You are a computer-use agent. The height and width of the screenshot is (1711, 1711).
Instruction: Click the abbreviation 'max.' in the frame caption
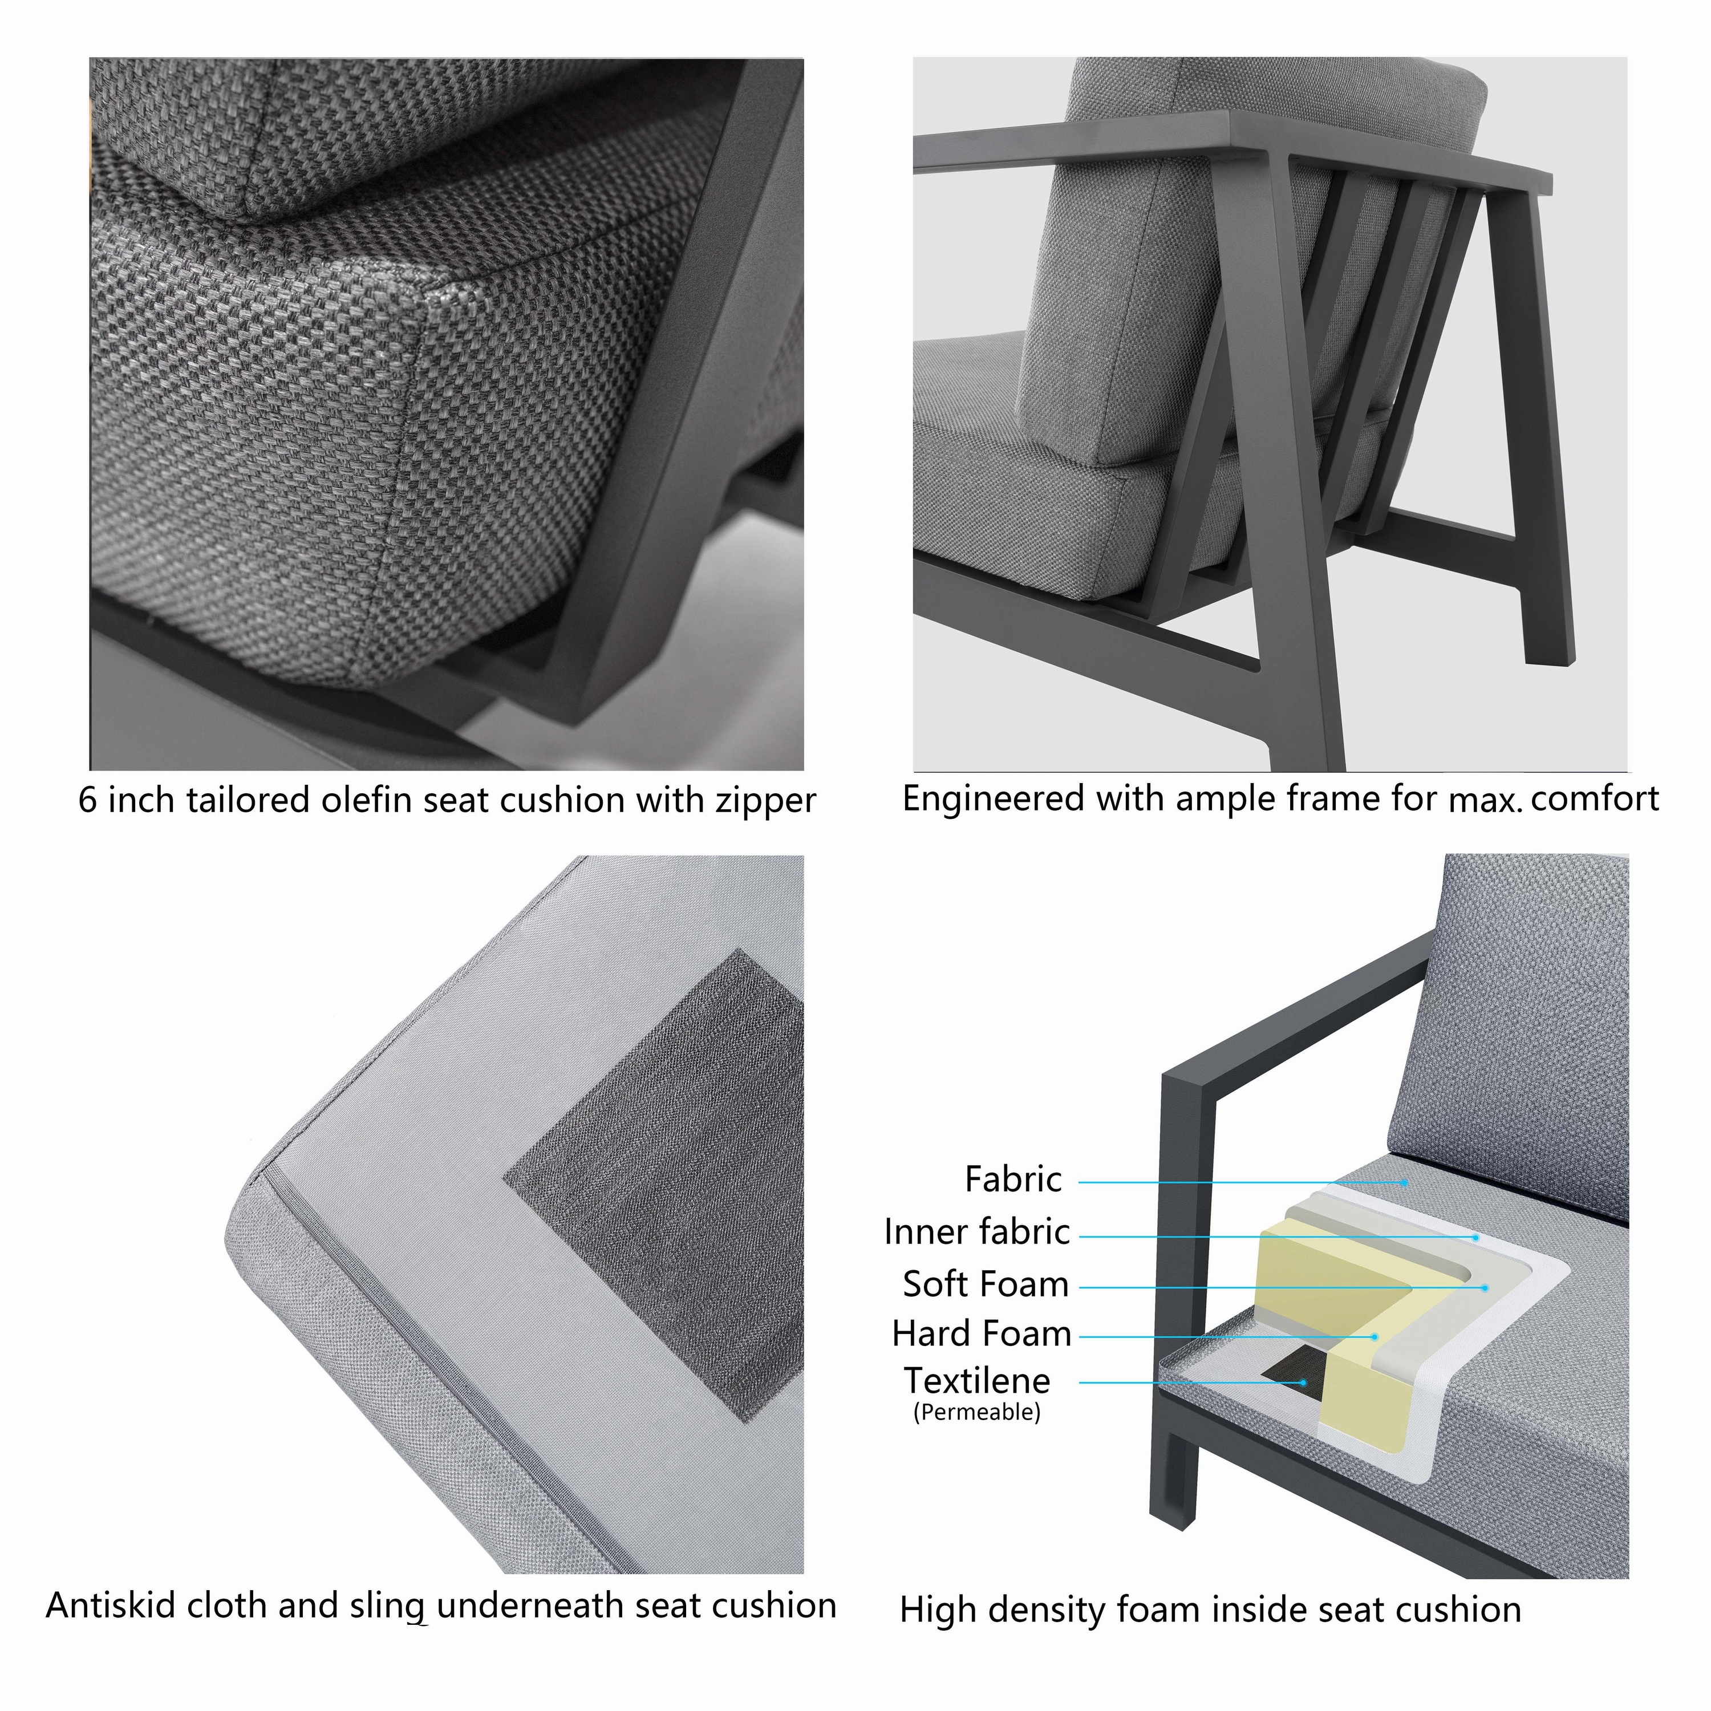pos(1485,801)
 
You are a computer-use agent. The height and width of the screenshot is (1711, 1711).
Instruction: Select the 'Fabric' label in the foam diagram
pos(1012,1179)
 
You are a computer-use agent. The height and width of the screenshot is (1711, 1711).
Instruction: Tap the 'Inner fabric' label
pos(977,1232)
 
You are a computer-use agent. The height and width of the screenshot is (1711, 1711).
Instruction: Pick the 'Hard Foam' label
pos(981,1333)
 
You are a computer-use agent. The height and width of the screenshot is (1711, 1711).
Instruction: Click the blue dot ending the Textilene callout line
pos(1304,1381)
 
